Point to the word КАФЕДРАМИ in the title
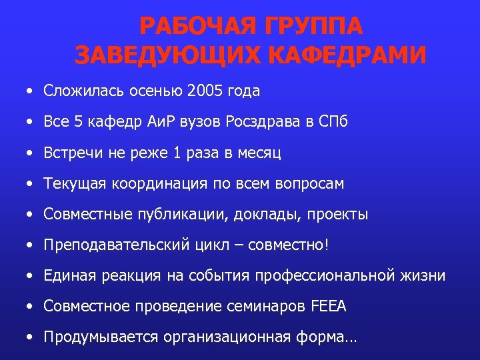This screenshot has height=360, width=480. tap(349, 54)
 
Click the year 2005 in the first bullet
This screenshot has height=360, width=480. tap(207, 91)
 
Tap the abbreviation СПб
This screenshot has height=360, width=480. tap(333, 122)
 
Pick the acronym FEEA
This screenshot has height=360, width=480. tap(329, 307)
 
